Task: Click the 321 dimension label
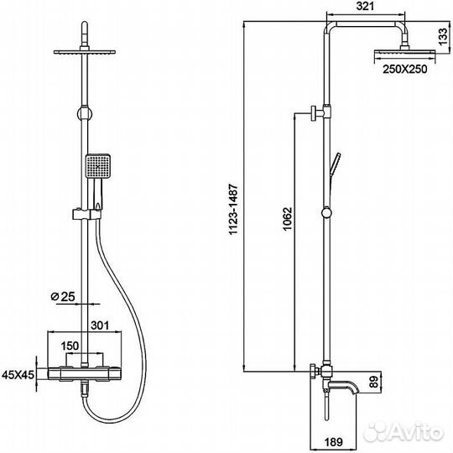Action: pos(365,7)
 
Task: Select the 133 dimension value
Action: pos(443,37)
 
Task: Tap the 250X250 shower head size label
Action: pos(404,70)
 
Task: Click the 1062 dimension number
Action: pos(288,219)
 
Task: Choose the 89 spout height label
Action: pos(374,382)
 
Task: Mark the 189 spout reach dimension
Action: pos(333,442)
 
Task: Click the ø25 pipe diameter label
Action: pos(63,296)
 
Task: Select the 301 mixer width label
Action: pos(100,325)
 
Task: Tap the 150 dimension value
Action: pos(70,346)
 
